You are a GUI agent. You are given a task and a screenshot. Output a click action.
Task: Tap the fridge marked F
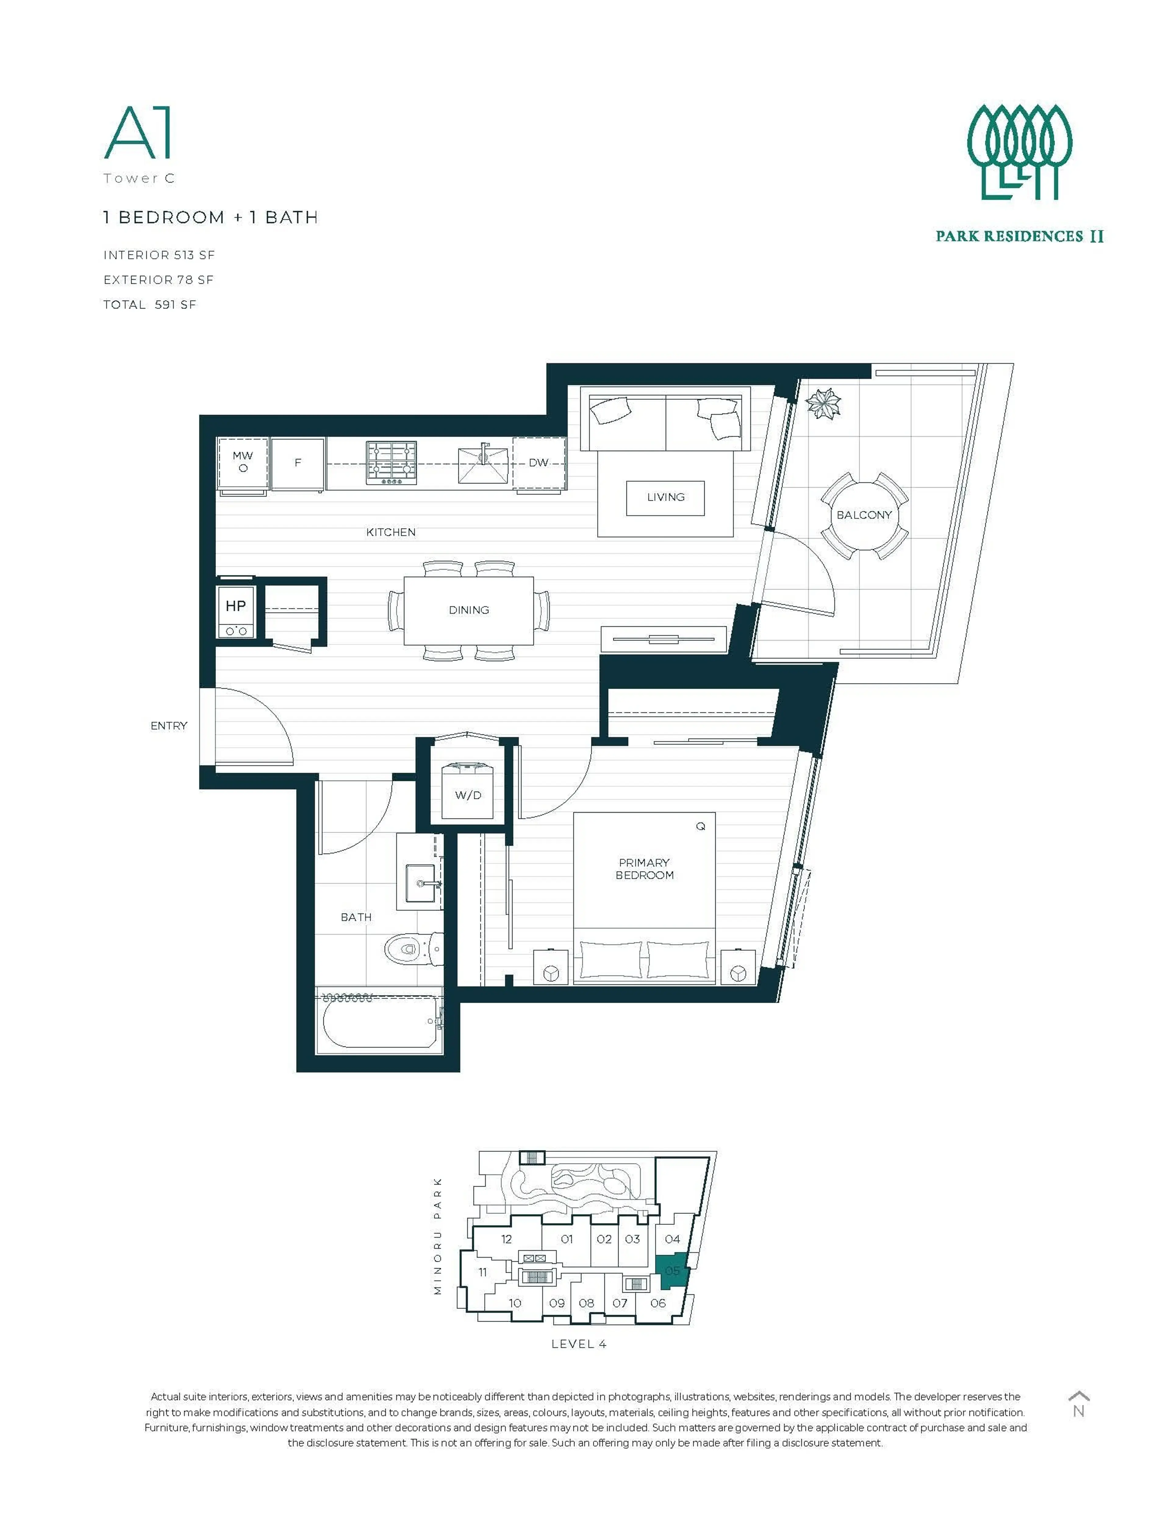[298, 463]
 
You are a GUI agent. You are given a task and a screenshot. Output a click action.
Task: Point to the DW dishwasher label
[538, 463]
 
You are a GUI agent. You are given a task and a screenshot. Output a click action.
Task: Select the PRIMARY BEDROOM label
[644, 869]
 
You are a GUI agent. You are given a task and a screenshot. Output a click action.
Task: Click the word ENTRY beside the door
[169, 726]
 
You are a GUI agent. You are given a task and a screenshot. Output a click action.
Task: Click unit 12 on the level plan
[507, 1239]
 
